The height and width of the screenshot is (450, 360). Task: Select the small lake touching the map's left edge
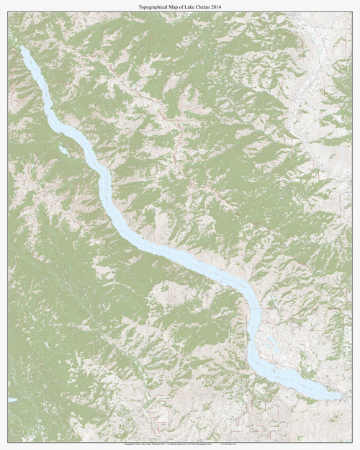(x=12, y=400)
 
